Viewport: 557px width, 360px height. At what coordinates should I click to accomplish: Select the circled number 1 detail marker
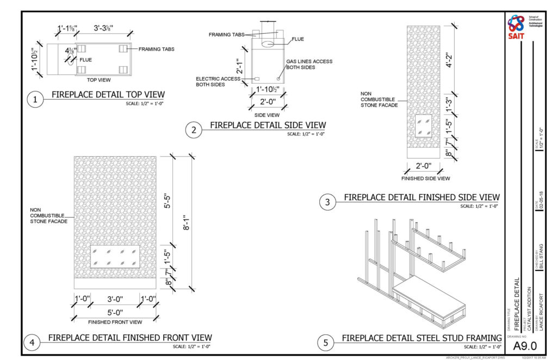tap(35, 100)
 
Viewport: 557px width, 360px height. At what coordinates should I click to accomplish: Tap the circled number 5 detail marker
tap(326, 343)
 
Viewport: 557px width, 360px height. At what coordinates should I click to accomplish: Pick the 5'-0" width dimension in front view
tap(115, 312)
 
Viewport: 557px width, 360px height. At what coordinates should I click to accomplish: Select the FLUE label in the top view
tap(85, 60)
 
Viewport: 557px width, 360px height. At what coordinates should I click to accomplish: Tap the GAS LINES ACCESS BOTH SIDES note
tap(310, 65)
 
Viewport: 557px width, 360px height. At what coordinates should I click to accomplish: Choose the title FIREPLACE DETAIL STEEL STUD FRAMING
tap(422, 338)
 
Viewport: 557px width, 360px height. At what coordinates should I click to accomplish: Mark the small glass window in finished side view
tap(423, 126)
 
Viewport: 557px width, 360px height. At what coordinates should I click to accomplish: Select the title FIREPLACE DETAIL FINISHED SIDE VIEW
tap(422, 197)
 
